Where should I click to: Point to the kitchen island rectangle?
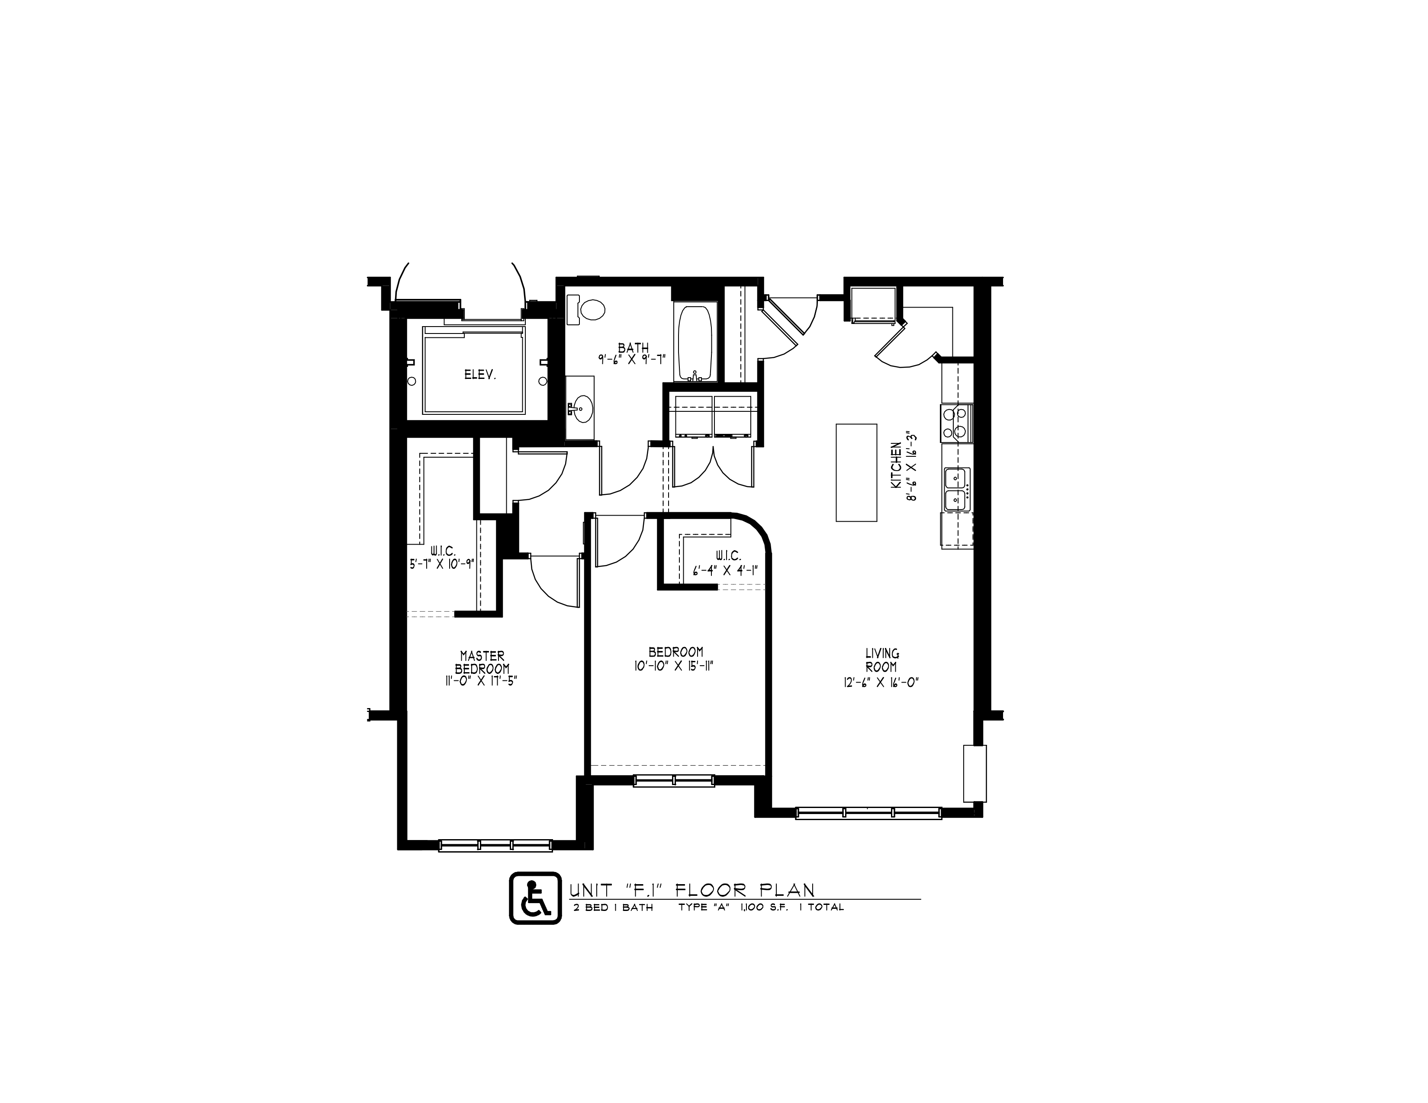[856, 472]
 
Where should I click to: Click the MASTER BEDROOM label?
[482, 663]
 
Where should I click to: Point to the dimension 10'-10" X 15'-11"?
[676, 666]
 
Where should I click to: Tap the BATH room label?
[633, 348]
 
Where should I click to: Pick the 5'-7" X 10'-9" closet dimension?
[442, 564]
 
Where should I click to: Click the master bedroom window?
[495, 845]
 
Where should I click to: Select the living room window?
[868, 813]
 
